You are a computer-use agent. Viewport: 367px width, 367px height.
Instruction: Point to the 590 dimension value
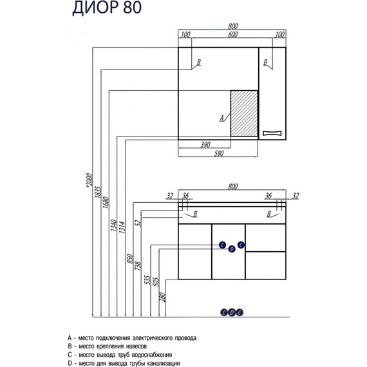click(218, 153)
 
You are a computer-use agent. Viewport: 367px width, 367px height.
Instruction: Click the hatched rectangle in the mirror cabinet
click(244, 113)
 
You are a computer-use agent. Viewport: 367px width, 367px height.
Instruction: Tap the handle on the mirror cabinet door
click(272, 133)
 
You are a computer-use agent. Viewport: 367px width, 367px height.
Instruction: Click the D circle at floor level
click(231, 313)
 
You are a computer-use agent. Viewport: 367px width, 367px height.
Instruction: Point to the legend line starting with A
click(135, 337)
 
